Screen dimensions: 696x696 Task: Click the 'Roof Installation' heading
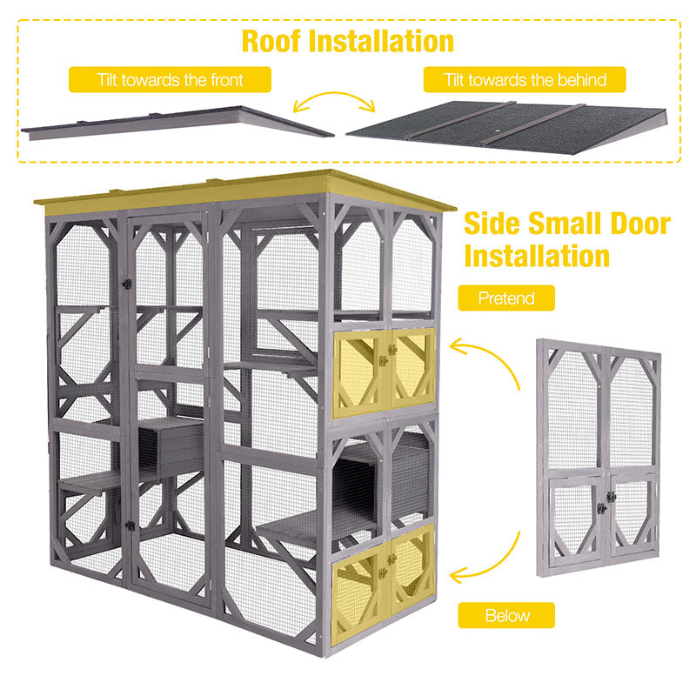(348, 41)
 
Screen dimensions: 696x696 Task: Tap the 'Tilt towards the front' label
(170, 80)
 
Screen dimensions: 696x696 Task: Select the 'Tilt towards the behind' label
(525, 80)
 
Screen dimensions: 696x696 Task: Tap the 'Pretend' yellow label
(507, 298)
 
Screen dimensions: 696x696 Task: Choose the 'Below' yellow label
(507, 616)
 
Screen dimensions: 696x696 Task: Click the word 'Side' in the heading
(495, 224)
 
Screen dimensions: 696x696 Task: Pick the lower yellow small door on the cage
(384, 570)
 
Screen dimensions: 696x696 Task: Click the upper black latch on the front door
(127, 284)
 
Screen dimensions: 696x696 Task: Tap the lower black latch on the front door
(128, 525)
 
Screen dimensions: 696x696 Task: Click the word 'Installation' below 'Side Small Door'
(537, 256)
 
